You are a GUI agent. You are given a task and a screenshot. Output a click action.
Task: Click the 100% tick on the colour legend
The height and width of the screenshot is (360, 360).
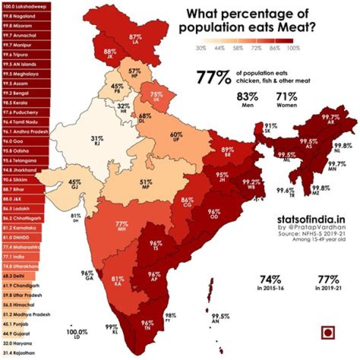tap(293, 48)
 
